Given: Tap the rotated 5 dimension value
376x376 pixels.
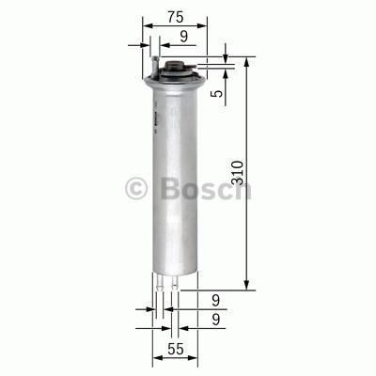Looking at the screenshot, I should point(217,93).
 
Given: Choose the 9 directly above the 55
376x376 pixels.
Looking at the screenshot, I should point(215,321).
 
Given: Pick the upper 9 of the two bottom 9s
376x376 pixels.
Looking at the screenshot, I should point(215,301).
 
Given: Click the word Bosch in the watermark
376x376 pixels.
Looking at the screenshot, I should point(205,188).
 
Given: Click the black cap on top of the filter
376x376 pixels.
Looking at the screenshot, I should point(175,68).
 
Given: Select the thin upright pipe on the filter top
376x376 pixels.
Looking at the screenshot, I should point(151,61).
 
